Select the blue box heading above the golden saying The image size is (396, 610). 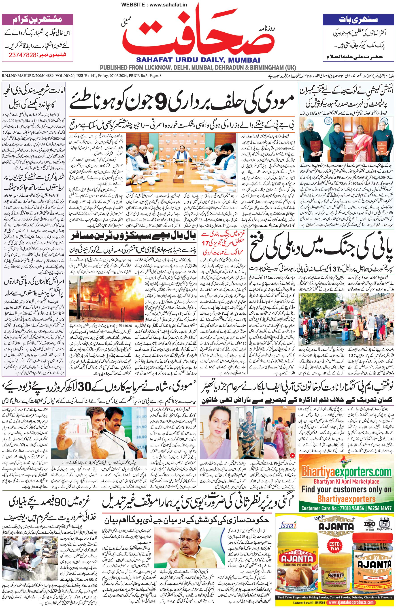(358, 19)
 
